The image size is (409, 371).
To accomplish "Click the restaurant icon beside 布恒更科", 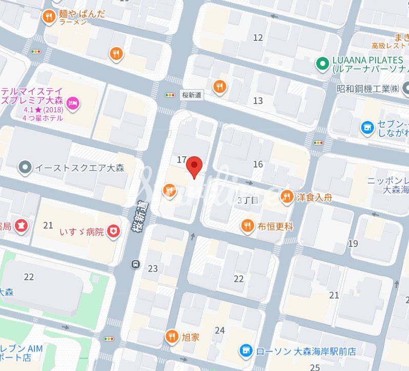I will [248, 225].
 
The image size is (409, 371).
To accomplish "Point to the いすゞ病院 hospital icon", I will [113, 232].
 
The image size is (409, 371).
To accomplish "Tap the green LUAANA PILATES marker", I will [322, 64].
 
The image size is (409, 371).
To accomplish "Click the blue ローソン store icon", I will [247, 351].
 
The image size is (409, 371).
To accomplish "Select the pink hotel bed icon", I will [73, 103].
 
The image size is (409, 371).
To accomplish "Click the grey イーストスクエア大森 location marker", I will [25, 167].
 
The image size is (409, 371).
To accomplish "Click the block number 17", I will [181, 160].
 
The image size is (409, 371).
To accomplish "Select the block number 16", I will [258, 164].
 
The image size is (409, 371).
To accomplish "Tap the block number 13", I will [258, 100].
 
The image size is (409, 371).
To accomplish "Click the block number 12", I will [258, 37].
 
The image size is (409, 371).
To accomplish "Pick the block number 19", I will [353, 243].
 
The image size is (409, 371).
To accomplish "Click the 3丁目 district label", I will [248, 200].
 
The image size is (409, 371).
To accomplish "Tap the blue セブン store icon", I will [367, 128].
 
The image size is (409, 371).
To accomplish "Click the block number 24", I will [219, 331].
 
